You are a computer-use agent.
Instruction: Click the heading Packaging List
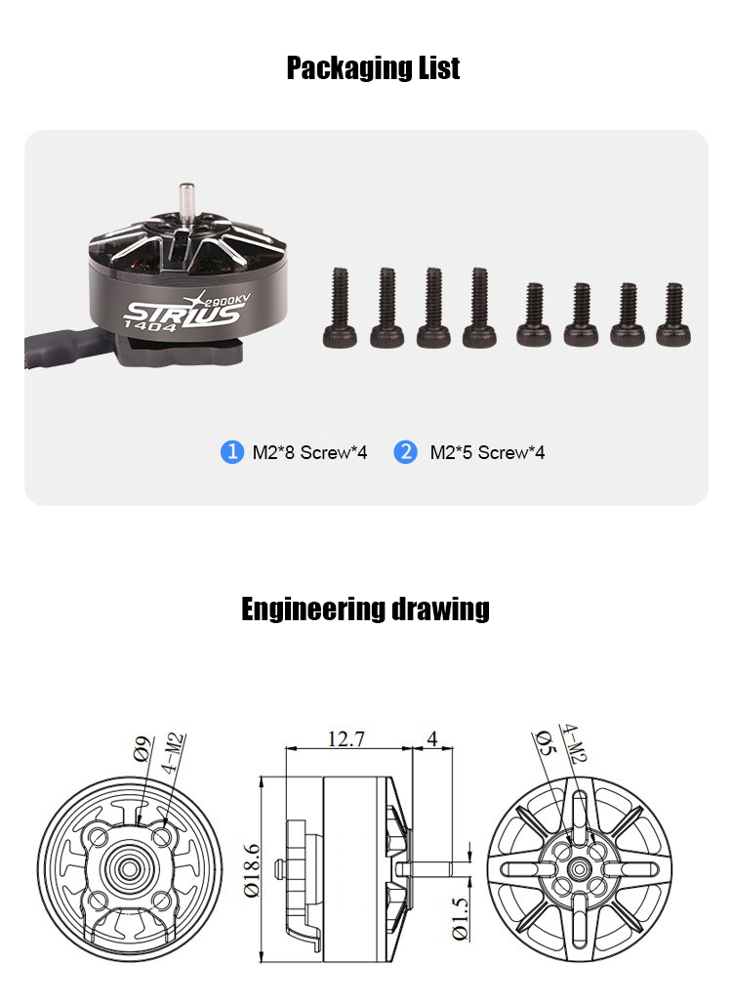pyautogui.click(x=373, y=67)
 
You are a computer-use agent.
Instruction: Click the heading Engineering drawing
pyautogui.click(x=365, y=608)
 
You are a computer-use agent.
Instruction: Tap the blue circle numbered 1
pyautogui.click(x=231, y=451)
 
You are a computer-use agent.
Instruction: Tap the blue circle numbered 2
pyautogui.click(x=405, y=451)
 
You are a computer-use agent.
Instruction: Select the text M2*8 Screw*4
pyautogui.click(x=309, y=453)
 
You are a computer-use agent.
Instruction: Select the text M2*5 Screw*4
pyautogui.click(x=488, y=453)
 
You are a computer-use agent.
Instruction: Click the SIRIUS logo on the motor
pyautogui.click(x=183, y=315)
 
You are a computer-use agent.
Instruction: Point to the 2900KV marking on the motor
pyautogui.click(x=227, y=299)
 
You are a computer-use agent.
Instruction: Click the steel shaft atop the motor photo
pyautogui.click(x=186, y=203)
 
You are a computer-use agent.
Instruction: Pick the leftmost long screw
pyautogui.click(x=340, y=308)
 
